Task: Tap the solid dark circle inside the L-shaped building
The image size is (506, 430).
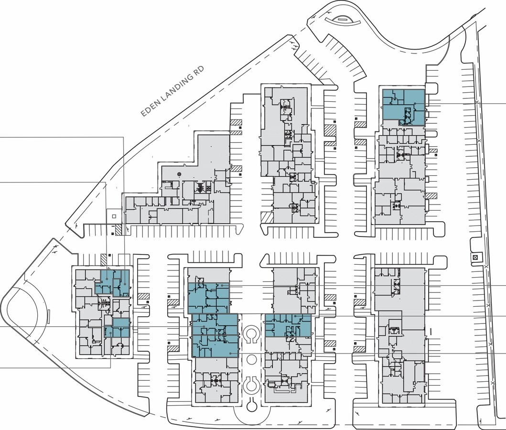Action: [x=180, y=174]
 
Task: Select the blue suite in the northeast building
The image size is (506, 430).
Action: [x=403, y=107]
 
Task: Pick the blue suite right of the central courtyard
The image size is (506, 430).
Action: [x=288, y=325]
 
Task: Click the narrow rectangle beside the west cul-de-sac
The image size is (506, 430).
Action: [x=49, y=316]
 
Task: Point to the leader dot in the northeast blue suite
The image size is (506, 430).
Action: [x=415, y=104]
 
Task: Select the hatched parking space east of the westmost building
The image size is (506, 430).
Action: [x=144, y=296]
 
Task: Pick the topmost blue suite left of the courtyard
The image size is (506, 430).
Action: [x=208, y=298]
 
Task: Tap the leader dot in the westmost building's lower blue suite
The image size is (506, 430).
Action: [x=111, y=333]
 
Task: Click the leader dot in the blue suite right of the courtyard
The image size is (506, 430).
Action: [x=295, y=316]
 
